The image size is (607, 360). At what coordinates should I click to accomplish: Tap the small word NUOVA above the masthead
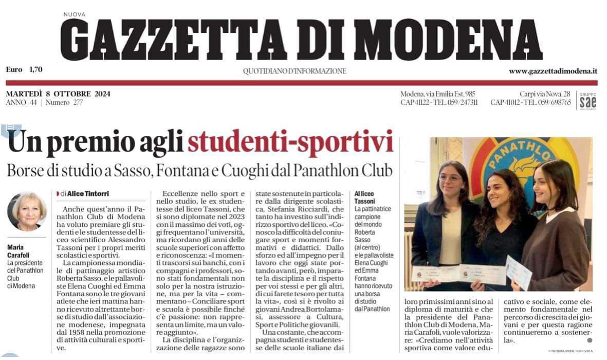[75, 14]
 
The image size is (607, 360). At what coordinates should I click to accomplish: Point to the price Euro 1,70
[24, 69]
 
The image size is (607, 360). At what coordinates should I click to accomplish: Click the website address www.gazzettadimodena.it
[553, 71]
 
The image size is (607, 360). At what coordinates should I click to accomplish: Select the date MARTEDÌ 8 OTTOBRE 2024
[58, 94]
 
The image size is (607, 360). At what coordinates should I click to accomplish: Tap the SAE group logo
[587, 101]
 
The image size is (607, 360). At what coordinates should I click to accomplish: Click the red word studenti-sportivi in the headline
[290, 142]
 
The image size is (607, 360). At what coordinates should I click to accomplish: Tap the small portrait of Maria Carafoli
[27, 211]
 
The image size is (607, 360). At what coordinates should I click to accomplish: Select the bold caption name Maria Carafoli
[19, 250]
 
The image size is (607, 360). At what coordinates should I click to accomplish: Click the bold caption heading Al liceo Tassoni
[365, 197]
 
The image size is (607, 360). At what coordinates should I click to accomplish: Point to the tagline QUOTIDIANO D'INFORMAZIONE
[295, 71]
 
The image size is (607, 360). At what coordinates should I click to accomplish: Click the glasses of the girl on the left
[450, 178]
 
